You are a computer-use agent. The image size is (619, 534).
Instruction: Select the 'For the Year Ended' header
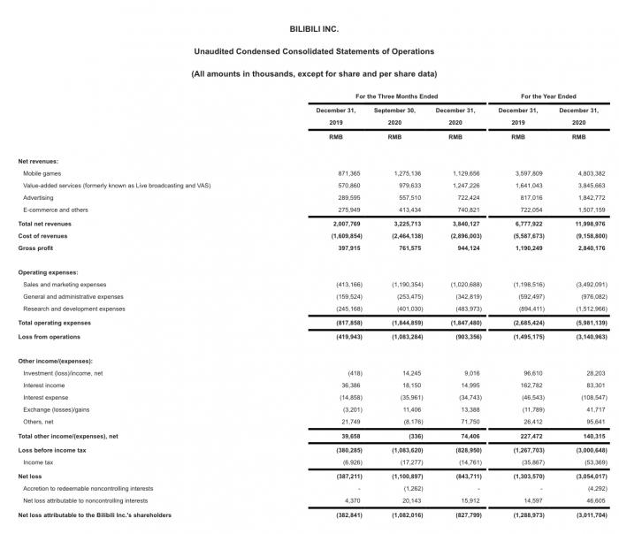coord(548,96)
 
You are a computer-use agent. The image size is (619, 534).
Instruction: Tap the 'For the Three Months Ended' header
coord(396,96)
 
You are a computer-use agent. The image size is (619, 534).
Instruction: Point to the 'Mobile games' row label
coord(42,173)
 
